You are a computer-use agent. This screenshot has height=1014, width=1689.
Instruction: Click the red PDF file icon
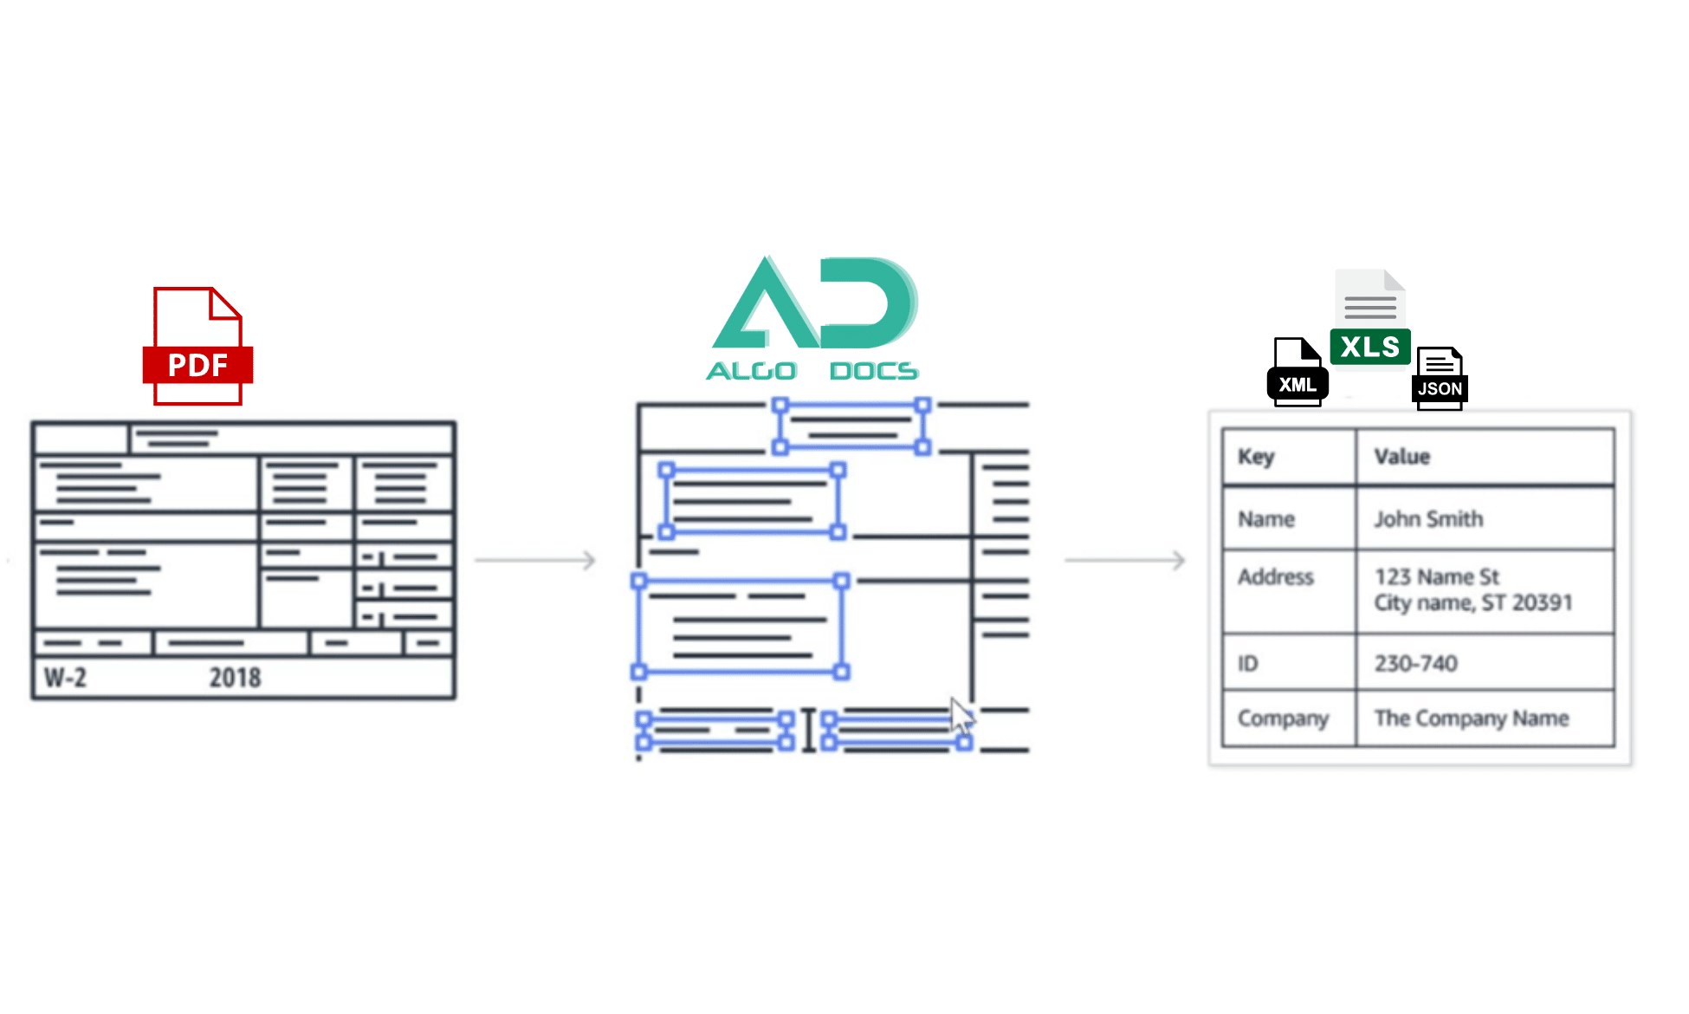click(x=197, y=347)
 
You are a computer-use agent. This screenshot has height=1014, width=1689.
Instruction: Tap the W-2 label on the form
click(x=66, y=677)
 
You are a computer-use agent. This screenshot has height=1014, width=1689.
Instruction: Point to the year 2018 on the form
click(x=235, y=677)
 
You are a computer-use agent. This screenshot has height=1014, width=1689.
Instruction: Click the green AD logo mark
click(x=814, y=303)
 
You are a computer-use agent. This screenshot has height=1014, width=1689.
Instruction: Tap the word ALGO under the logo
click(x=751, y=371)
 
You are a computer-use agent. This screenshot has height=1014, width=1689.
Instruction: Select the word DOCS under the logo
click(x=873, y=371)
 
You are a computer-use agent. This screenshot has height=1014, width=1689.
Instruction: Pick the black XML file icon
click(x=1297, y=373)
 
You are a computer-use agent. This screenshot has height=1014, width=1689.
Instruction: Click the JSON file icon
click(x=1440, y=379)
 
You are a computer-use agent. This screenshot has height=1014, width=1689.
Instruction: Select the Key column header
click(x=1256, y=457)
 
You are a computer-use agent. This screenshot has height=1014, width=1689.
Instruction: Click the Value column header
click(x=1401, y=457)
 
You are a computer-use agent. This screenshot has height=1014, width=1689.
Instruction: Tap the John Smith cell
click(x=1428, y=519)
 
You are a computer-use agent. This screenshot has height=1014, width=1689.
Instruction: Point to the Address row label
click(x=1275, y=577)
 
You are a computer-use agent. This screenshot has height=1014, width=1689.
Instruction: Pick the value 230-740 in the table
click(x=1415, y=664)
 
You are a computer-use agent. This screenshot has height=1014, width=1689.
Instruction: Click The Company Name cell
click(x=1471, y=718)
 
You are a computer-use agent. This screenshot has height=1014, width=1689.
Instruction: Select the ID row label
click(x=1247, y=664)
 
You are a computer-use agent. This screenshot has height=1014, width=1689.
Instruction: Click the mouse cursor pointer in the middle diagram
click(x=961, y=716)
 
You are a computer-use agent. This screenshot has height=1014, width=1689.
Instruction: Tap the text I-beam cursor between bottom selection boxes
click(x=808, y=731)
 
